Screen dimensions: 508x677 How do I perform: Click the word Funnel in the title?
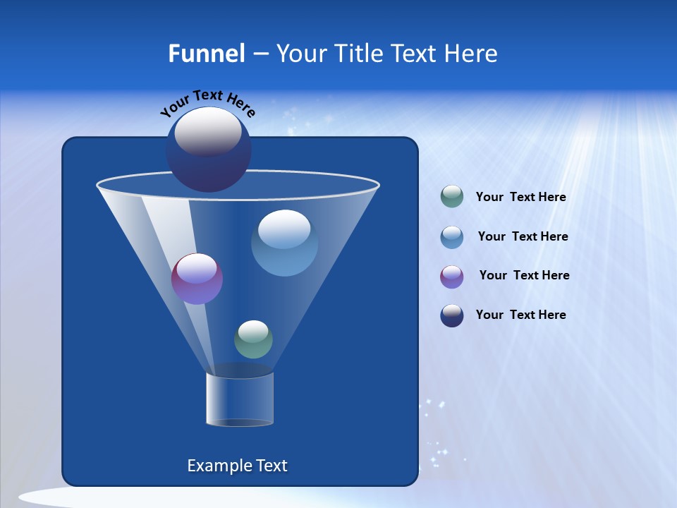click(206, 54)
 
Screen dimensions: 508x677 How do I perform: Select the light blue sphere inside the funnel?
click(284, 243)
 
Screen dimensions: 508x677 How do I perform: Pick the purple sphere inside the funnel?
click(197, 279)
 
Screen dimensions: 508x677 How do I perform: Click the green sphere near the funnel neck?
click(253, 339)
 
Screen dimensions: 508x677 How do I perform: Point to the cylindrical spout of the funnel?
click(240, 399)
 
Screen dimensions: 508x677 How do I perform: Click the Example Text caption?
click(238, 466)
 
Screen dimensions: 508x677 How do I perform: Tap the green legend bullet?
click(452, 197)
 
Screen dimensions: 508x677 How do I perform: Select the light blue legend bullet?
click(452, 237)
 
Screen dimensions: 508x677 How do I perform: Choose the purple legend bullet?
click(452, 277)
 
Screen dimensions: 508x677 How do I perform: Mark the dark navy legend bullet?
click(452, 315)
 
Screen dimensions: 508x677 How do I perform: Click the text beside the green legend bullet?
click(520, 198)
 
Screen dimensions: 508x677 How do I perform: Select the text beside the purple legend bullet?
click(524, 275)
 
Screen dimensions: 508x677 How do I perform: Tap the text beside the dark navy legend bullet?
click(520, 315)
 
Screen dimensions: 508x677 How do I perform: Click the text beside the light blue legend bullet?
click(523, 236)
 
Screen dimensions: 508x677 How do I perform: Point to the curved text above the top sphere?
click(208, 102)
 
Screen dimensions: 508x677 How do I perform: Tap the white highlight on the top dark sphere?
click(208, 132)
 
